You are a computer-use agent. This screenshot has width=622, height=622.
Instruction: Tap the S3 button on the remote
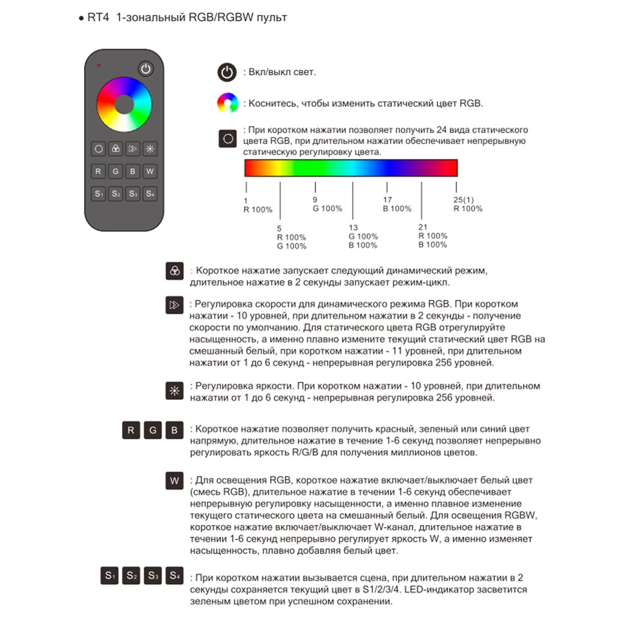[132, 193]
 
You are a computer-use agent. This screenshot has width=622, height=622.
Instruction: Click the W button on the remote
[150, 170]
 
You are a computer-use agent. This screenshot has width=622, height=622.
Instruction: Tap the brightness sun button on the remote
[150, 149]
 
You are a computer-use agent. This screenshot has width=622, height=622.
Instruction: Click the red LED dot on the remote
[98, 65]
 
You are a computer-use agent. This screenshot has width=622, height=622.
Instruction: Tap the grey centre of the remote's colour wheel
[124, 104]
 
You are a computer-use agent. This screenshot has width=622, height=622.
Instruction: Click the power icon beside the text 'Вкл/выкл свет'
[227, 72]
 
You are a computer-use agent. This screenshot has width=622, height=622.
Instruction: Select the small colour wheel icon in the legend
[227, 103]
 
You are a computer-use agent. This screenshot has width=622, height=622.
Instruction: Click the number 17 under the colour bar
[388, 200]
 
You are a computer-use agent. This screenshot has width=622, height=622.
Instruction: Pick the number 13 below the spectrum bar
[353, 228]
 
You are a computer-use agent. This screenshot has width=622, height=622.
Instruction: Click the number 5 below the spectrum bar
[279, 228]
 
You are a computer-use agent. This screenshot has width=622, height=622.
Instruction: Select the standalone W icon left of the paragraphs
[175, 481]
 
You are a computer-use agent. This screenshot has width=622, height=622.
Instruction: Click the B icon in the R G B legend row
[175, 430]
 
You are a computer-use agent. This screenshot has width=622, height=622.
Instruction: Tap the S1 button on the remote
[99, 193]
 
